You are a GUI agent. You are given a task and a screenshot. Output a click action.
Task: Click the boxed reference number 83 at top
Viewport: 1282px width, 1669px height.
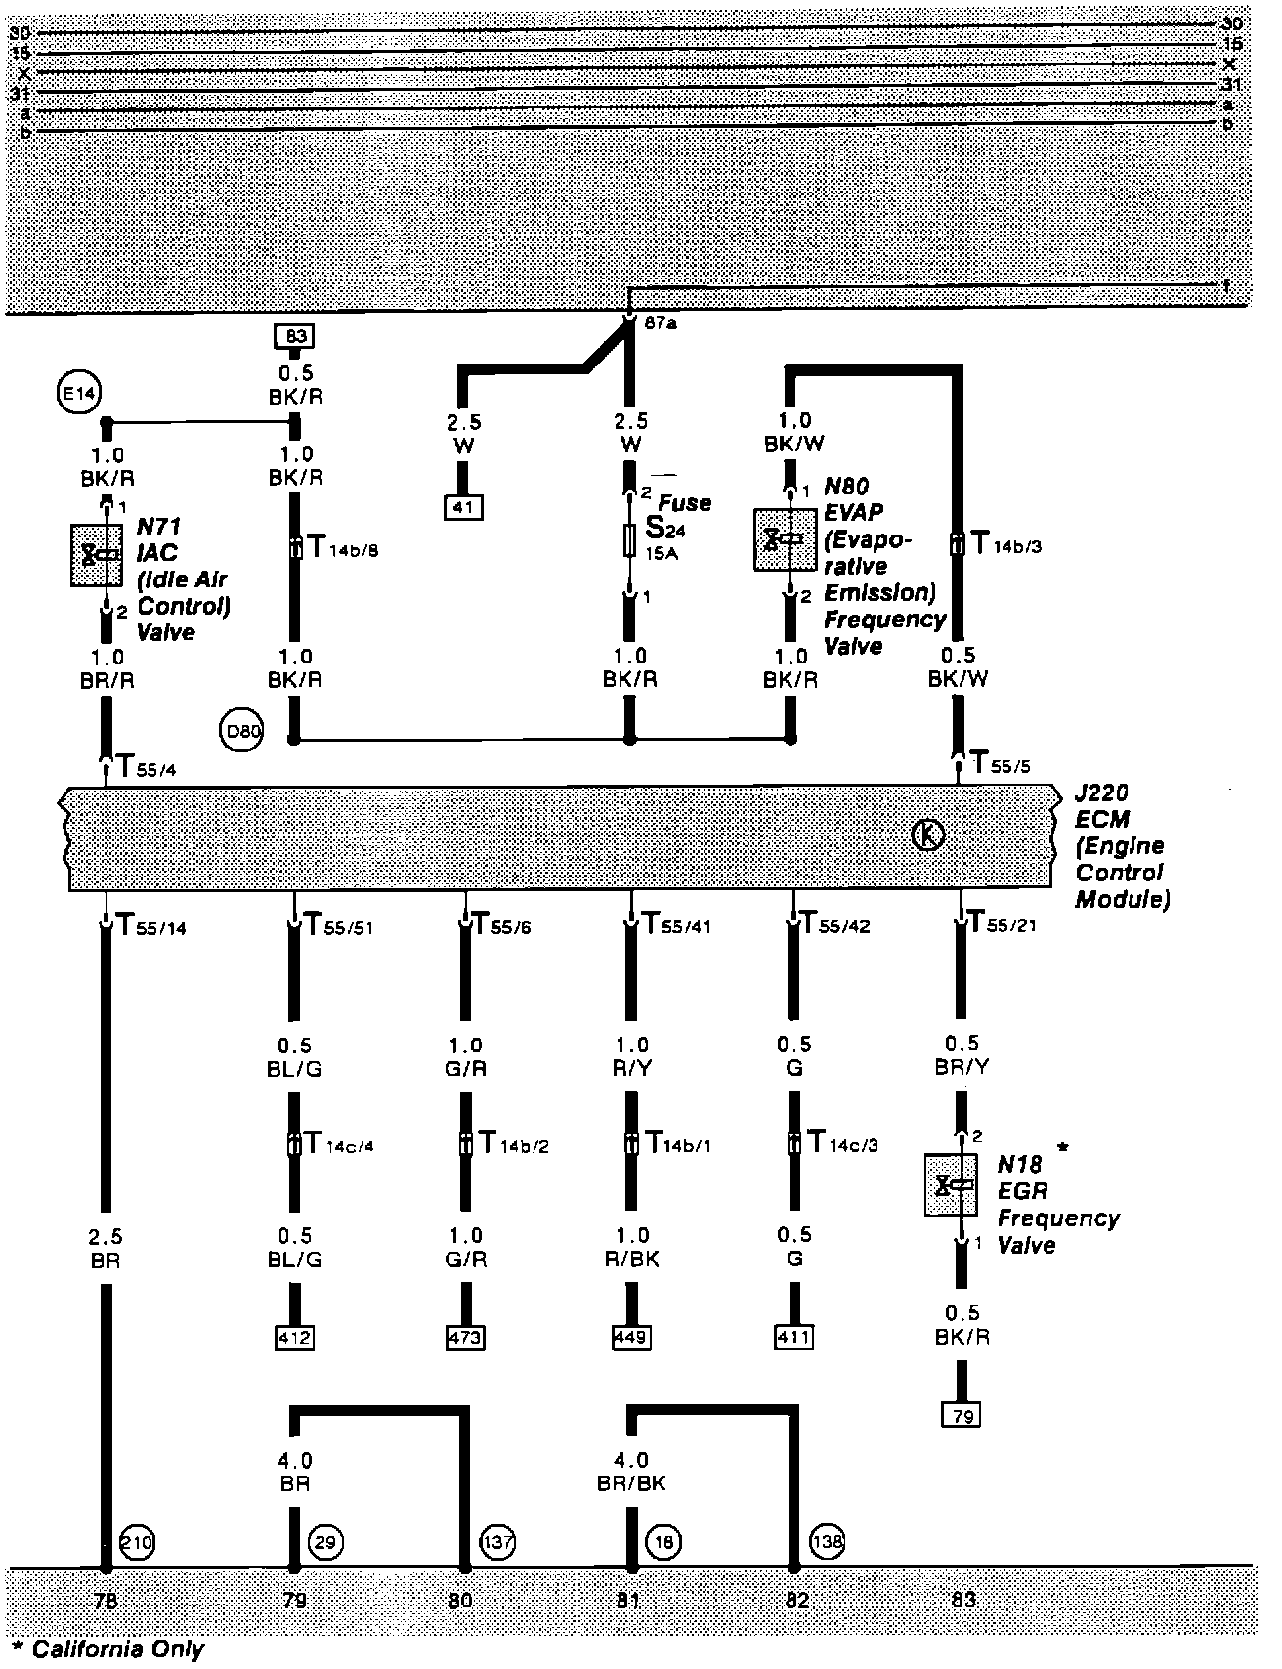pyautogui.click(x=297, y=337)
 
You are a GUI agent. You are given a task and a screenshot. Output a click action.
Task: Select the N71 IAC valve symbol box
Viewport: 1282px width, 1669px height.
pyautogui.click(x=97, y=555)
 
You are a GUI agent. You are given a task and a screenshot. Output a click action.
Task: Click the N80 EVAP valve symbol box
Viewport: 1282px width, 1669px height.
pyautogui.click(x=785, y=538)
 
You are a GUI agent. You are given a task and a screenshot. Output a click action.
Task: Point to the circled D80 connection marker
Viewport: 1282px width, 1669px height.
pyautogui.click(x=240, y=733)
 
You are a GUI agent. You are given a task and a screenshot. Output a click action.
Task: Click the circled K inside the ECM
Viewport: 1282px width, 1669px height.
pyautogui.click(x=926, y=835)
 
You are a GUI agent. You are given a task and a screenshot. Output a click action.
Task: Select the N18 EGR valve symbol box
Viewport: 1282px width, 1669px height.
pyautogui.click(x=951, y=1185)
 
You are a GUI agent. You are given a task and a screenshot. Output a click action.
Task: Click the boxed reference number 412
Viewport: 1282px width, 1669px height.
pyautogui.click(x=294, y=1337)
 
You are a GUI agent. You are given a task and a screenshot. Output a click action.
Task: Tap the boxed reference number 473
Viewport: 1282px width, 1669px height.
pyautogui.click(x=464, y=1337)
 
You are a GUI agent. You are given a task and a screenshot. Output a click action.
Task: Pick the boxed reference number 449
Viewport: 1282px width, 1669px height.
pyautogui.click(x=631, y=1337)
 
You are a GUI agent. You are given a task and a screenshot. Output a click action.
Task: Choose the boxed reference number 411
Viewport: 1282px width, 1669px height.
pyautogui.click(x=793, y=1337)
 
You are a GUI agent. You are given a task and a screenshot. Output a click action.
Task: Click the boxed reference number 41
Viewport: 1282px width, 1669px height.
pyautogui.click(x=464, y=507)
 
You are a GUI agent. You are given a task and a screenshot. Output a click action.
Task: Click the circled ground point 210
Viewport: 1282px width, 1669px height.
pyautogui.click(x=137, y=1542)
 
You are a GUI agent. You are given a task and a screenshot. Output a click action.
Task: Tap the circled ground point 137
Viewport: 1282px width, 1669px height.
pyautogui.click(x=497, y=1542)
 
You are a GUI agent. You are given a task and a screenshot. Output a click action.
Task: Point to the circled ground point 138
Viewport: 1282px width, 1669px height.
pyautogui.click(x=828, y=1542)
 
